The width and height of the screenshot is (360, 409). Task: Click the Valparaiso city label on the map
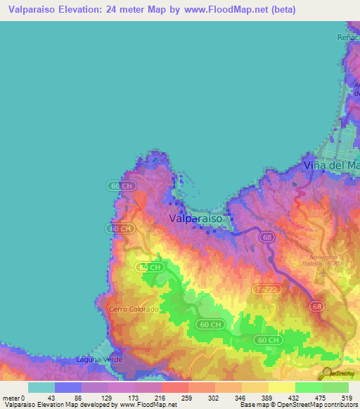[x=195, y=219]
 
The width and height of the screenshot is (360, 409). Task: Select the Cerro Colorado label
[x=134, y=309]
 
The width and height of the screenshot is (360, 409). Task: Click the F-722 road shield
[x=264, y=289]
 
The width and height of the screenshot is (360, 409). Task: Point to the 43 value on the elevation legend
[x=51, y=397]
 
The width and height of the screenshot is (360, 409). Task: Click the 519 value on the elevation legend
[x=345, y=397]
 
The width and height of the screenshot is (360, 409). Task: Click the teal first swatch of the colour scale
[x=41, y=387]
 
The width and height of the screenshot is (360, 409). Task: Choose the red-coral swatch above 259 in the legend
[x=174, y=387]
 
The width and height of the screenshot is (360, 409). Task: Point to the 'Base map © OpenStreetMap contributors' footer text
[x=295, y=405]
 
